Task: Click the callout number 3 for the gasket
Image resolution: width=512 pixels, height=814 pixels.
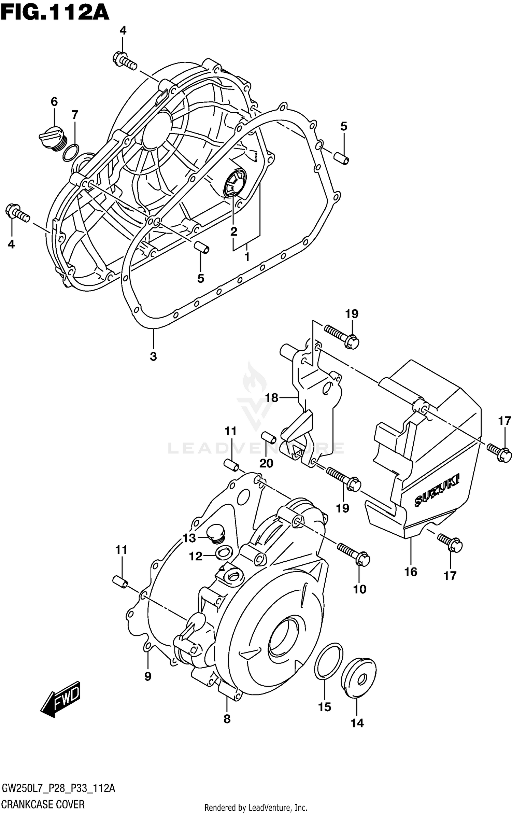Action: tap(153, 356)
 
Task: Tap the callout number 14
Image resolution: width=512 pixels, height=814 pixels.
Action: tap(357, 723)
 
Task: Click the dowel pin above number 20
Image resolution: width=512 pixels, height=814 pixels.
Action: tap(269, 437)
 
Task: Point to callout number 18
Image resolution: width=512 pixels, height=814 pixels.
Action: tap(272, 398)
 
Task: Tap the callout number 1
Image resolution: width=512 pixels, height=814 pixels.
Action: tap(247, 257)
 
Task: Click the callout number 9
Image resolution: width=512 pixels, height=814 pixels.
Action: tap(148, 676)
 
